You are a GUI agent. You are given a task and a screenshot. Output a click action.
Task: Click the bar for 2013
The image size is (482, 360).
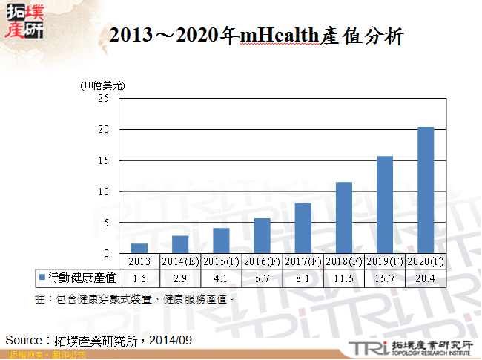(x=139, y=249)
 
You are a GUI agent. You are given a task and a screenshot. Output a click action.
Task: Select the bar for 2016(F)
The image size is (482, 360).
(x=263, y=236)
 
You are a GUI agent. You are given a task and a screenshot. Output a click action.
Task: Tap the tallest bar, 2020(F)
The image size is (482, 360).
(x=426, y=190)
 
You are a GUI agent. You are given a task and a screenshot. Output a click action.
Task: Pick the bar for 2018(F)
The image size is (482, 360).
(x=344, y=217)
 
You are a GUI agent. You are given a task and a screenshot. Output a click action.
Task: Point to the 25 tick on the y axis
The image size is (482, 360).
(x=104, y=98)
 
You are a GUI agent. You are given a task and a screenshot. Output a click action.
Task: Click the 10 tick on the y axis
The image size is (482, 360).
(x=104, y=192)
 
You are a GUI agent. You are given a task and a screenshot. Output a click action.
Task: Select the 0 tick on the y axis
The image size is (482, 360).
(x=106, y=253)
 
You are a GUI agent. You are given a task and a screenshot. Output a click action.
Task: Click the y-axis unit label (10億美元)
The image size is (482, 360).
(x=103, y=85)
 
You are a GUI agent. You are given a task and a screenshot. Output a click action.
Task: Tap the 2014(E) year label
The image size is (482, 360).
(x=180, y=261)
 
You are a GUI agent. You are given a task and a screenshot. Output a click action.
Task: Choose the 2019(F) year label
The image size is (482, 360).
(x=385, y=261)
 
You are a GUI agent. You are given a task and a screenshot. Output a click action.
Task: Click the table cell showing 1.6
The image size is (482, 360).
(x=139, y=278)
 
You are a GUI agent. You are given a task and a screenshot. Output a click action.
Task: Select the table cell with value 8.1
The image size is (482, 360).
(x=303, y=278)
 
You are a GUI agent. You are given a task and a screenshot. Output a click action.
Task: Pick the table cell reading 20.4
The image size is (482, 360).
(x=426, y=278)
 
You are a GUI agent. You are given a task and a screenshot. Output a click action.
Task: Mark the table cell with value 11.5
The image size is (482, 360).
(x=344, y=278)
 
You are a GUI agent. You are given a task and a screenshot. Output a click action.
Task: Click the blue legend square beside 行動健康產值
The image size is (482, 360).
(x=42, y=278)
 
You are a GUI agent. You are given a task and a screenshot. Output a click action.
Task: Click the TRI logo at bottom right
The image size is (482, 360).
(x=365, y=347)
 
